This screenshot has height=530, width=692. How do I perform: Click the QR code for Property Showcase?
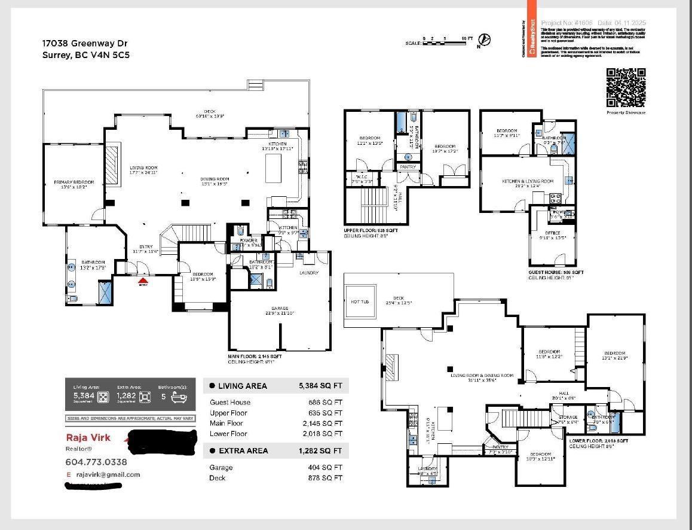tap(626, 88)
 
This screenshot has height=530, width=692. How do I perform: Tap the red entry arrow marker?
tap(142, 279)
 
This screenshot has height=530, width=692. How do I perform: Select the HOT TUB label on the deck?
tap(360, 302)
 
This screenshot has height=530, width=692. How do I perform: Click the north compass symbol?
tap(486, 40)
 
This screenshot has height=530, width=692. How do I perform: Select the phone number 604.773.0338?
tap(96, 462)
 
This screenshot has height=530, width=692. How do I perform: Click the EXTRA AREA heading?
tap(243, 451)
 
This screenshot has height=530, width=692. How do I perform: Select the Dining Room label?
tap(215, 179)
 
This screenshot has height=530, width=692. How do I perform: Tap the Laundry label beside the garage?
tap(309, 272)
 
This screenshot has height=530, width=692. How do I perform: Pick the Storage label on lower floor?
tap(568, 417)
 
